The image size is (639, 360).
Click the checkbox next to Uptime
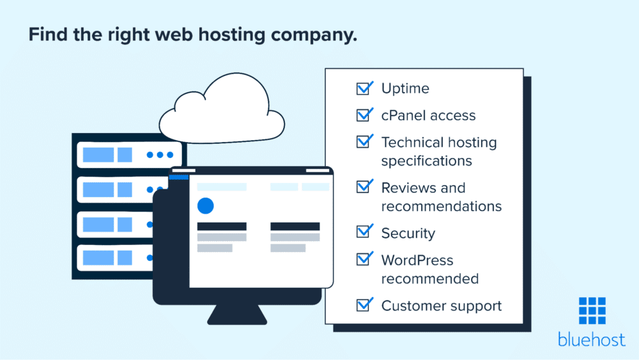[x=364, y=88]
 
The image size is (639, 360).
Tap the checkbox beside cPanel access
[x=364, y=115]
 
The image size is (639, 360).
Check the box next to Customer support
[x=364, y=305]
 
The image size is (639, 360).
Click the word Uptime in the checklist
[x=405, y=88]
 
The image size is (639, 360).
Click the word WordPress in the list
[x=417, y=260]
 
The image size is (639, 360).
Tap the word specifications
[x=426, y=160]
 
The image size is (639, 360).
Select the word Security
[x=408, y=233]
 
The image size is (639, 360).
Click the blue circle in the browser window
[x=205, y=205]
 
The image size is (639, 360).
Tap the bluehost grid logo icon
[x=592, y=311]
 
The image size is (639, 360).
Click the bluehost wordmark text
[x=592, y=340]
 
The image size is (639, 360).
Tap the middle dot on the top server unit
[x=160, y=155]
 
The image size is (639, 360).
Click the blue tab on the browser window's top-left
[x=179, y=176]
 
